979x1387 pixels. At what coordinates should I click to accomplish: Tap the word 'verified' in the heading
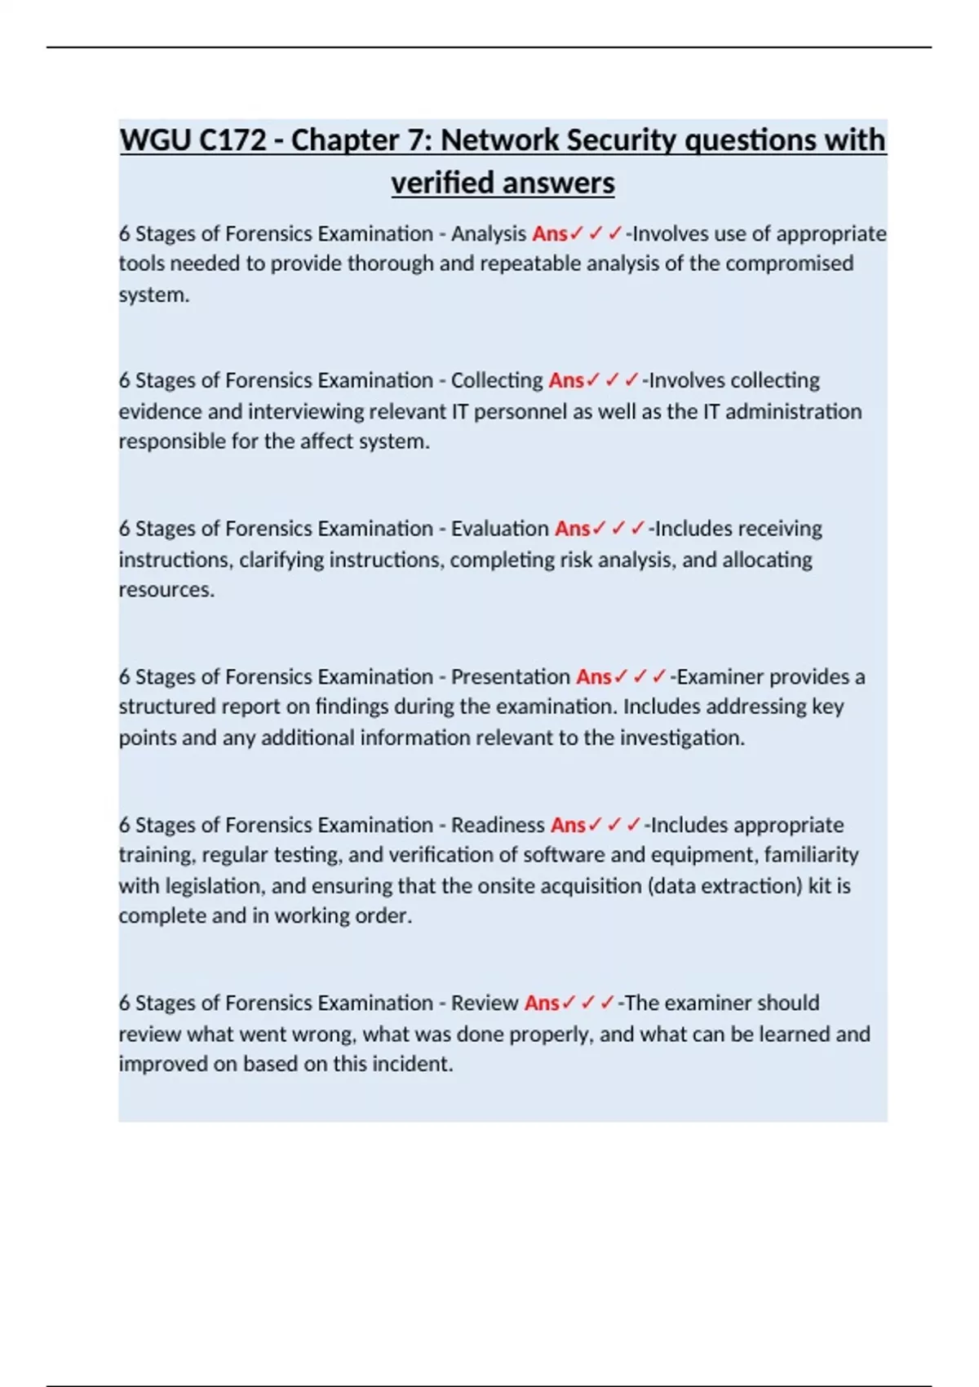coord(437,183)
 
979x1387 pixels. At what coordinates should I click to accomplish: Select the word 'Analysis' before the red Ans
coord(488,234)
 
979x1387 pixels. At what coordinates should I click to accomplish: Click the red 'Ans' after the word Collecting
coord(566,381)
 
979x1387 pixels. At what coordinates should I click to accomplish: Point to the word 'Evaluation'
coord(499,529)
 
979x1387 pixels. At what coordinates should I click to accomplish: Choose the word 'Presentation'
coord(510,677)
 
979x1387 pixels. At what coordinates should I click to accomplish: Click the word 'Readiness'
coord(498,825)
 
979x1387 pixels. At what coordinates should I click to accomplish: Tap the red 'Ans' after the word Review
coord(542,1003)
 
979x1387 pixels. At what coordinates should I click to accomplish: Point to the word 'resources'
coord(166,590)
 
